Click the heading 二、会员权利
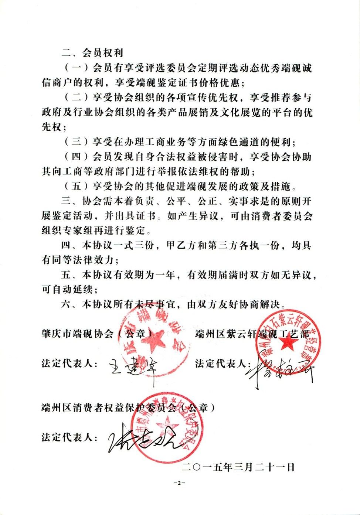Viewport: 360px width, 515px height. click(92, 53)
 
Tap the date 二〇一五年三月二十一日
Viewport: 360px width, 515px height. click(238, 467)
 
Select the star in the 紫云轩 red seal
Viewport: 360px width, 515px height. click(289, 343)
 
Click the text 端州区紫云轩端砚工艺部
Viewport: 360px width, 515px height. click(251, 334)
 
